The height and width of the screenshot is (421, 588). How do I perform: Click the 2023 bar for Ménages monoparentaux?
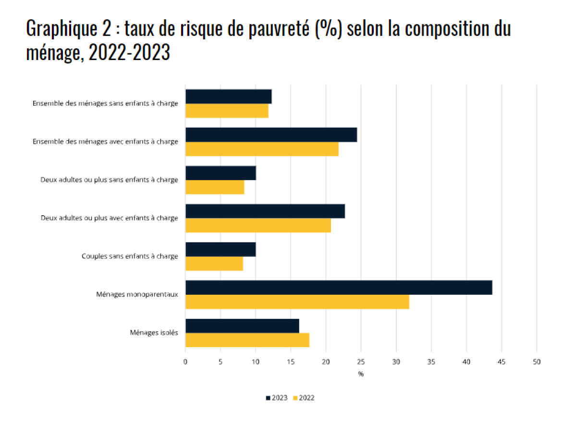pos(339,288)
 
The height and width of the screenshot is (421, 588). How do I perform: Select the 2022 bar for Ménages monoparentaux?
pos(297,302)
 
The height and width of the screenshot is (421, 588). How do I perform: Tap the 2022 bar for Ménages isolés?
pos(247,340)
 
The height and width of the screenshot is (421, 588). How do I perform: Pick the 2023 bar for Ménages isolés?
pos(242,325)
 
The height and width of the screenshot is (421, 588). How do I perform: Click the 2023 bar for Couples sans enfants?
pos(220,250)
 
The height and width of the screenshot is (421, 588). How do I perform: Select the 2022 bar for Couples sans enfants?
pos(214,264)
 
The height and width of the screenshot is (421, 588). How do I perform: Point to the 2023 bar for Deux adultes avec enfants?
pos(265,211)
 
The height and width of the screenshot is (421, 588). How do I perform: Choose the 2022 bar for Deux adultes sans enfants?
pos(215,187)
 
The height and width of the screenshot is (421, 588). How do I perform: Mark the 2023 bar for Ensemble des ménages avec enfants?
pos(271,135)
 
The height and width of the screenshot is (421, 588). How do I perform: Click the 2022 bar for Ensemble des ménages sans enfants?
pos(227,111)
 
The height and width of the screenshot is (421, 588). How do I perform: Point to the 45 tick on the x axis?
pos(501,362)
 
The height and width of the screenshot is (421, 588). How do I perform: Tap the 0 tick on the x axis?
pos(185,362)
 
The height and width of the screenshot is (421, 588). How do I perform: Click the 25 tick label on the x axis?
pos(361,362)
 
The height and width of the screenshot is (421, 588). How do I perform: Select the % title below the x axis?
pos(361,374)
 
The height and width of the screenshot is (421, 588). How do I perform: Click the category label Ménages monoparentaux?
pos(137,294)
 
